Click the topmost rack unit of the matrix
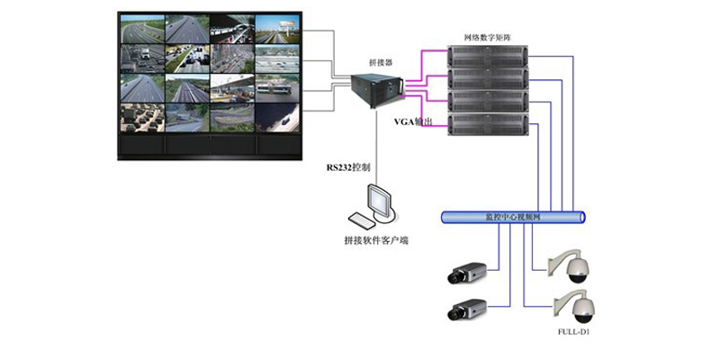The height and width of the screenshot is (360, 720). (x=487, y=57)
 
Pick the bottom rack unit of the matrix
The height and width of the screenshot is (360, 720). (x=487, y=122)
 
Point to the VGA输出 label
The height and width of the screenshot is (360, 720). (x=415, y=120)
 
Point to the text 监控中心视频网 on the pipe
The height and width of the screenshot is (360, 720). (x=514, y=218)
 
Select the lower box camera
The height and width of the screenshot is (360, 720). (x=468, y=310)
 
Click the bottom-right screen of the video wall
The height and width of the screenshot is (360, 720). (x=277, y=114)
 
